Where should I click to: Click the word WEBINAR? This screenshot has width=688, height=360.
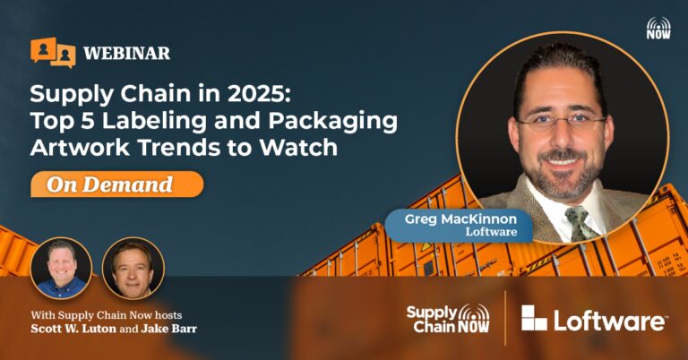[127, 54]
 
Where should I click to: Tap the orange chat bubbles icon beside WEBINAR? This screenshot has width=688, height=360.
[53, 53]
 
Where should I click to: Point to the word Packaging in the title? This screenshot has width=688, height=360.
[333, 122]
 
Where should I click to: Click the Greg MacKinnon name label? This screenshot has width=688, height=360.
[460, 225]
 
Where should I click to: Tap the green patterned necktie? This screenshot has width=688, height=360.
[581, 223]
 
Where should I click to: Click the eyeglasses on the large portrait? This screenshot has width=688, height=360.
[561, 122]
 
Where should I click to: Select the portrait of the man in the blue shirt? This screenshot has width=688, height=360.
[61, 269]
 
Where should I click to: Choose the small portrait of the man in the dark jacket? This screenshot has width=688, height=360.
[133, 269]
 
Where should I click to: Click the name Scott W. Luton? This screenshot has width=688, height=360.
[73, 329]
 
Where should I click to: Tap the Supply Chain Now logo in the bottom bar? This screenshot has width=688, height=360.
[449, 318]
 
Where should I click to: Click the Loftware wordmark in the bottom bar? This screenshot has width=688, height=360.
[610, 320]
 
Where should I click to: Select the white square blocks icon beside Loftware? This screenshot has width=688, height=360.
[534, 318]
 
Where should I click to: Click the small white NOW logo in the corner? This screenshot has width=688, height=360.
[658, 28]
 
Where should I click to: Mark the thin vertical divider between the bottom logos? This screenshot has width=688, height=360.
[505, 318]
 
